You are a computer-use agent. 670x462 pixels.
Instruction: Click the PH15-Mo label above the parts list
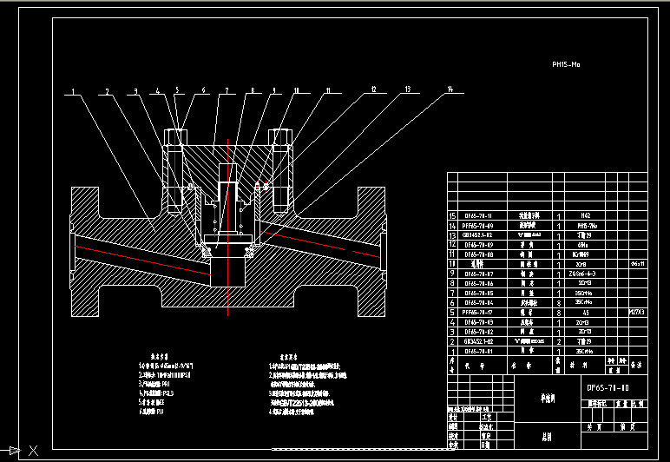[x=565, y=64]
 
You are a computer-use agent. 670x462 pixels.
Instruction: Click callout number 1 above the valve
[x=73, y=90]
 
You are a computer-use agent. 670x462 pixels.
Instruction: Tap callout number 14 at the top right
[x=450, y=89]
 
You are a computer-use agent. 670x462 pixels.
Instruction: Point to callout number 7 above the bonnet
[x=225, y=90]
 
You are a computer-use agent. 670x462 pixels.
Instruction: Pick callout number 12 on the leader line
[x=373, y=89]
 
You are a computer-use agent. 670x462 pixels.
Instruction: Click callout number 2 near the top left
[x=108, y=90]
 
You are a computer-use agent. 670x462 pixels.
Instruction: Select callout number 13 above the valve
[x=407, y=89]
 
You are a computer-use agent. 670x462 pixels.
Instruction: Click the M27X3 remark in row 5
[x=637, y=308]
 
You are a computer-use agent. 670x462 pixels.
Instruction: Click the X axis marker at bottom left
[x=33, y=450]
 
